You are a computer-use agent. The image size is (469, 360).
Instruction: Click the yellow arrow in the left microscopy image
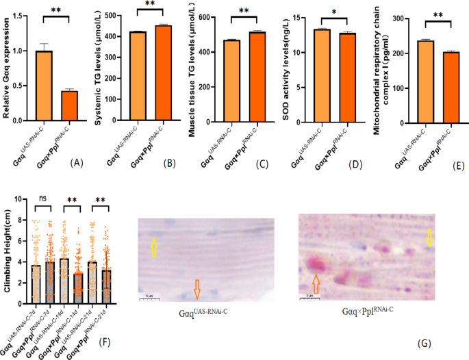click(x=154, y=246)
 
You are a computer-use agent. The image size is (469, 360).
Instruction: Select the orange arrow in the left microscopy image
click(x=197, y=290)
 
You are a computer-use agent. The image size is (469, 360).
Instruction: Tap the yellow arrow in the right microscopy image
click(x=429, y=239)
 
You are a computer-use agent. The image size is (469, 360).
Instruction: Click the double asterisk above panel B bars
click(x=149, y=5)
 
